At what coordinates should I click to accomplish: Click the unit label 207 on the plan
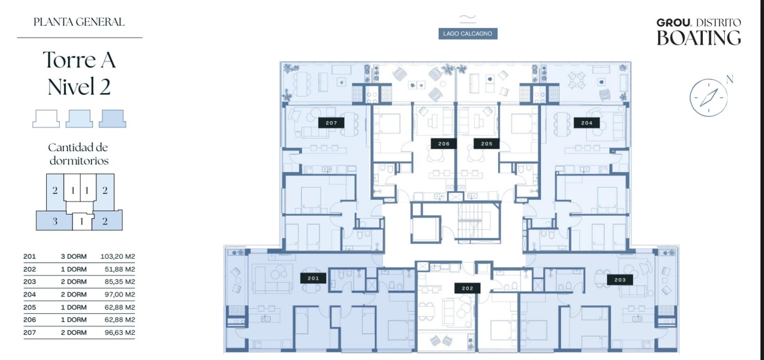[331, 123]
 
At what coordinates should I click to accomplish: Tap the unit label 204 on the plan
[587, 123]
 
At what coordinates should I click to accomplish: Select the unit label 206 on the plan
[444, 144]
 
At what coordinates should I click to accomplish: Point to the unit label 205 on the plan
[487, 144]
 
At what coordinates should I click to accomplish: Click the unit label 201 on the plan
[313, 278]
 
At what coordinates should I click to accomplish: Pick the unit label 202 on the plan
[467, 288]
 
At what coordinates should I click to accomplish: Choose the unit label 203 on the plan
[620, 279]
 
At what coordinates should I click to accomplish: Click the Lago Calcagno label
[467, 34]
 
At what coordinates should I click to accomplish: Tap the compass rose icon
[709, 98]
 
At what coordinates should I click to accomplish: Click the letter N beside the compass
[729, 79]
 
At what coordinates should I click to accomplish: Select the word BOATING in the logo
[699, 38]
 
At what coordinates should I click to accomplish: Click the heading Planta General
[79, 22]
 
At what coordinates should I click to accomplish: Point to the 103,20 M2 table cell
[117, 256]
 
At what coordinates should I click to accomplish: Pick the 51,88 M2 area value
[120, 269]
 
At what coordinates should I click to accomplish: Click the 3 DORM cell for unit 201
[74, 256]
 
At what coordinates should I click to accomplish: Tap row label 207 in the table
[29, 332]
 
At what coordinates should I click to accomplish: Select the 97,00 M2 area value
[120, 295]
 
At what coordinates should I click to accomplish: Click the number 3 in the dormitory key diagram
[55, 222]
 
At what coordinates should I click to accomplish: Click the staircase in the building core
[475, 222]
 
